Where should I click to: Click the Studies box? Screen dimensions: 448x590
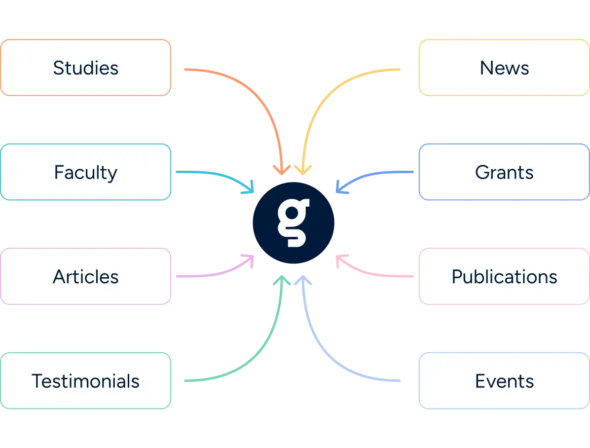coord(85,68)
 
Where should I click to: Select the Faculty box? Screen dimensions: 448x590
coord(85,172)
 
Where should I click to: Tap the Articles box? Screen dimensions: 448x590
coord(85,276)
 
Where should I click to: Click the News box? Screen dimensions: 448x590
coord(504,68)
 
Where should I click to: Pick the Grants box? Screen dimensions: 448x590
coord(504,172)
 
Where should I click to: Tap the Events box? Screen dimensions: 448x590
coord(504,381)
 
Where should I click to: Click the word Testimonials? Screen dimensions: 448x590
coord(85,381)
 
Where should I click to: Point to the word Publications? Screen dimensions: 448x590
coord(504,277)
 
